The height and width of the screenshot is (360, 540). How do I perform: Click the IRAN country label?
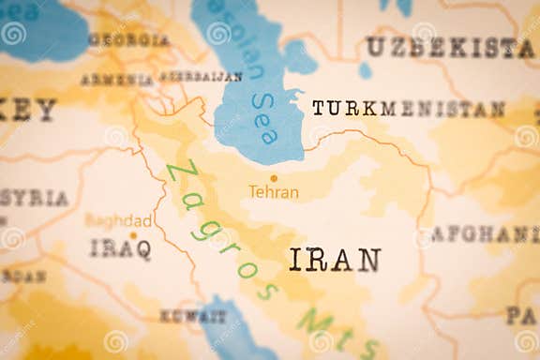pos(335,260)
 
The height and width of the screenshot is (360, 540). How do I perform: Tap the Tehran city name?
pos(274,192)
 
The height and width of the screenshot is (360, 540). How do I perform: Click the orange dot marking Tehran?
pos(274,177)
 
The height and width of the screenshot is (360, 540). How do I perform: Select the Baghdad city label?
pos(118,220)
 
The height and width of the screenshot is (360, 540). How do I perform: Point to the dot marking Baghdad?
pos(133,235)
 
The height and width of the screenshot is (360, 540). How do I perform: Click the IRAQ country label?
pos(120,248)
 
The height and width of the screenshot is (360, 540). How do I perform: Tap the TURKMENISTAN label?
pos(408,109)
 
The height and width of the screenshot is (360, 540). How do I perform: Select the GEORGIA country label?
pos(128,40)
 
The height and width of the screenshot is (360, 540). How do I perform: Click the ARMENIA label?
pos(116,80)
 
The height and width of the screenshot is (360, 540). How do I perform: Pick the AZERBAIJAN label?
pos(201,76)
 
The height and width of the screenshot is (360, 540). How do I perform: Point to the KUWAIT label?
pos(192,316)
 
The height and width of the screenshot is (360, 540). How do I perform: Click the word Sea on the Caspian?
pos(264,118)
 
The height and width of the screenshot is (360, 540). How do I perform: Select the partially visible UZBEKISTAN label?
pos(450,47)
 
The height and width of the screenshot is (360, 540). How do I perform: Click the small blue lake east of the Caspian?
pos(365,70)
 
